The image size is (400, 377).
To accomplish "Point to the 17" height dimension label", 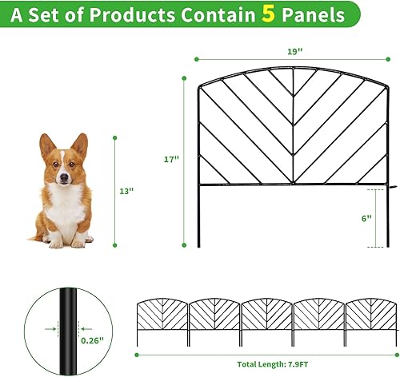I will click(170, 160).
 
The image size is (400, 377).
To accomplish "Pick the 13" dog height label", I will click(126, 191).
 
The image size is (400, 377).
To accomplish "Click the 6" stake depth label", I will click(366, 218).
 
